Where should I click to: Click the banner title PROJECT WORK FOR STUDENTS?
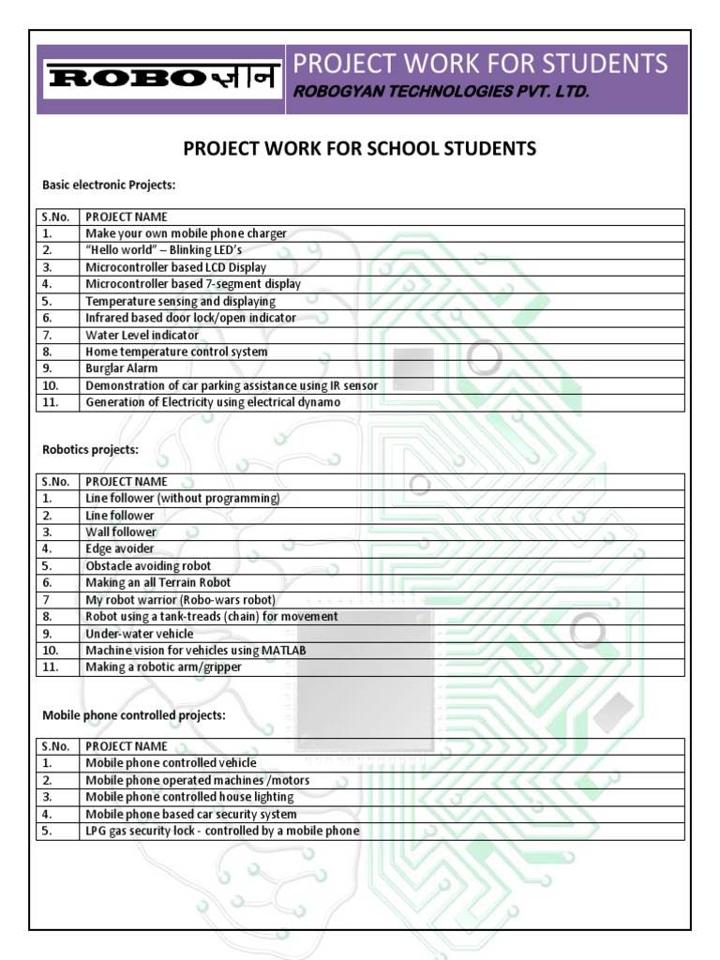481,64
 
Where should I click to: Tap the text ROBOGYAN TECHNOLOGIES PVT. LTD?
441,92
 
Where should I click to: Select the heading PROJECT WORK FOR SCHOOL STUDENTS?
359,149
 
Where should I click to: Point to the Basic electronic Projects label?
109,185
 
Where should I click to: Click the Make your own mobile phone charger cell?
186,233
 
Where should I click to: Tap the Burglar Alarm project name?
122,368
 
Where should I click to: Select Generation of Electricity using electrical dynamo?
213,402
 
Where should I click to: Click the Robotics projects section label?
90,449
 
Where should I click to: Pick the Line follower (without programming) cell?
182,499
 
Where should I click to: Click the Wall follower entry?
121,532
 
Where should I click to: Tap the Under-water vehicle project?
140,634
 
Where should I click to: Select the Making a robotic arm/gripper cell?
163,667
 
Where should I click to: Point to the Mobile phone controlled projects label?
134,714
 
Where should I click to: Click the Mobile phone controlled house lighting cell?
189,797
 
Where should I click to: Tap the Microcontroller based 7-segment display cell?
193,284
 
